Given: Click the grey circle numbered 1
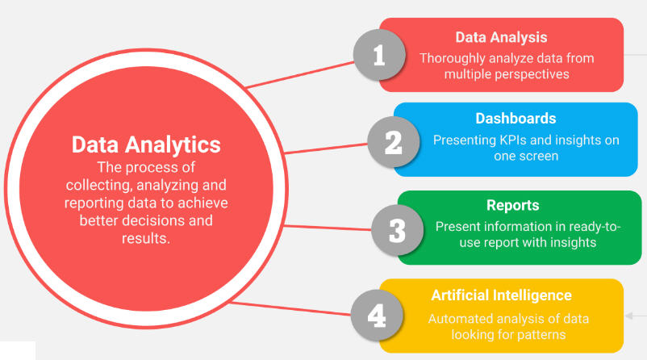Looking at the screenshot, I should (379, 56).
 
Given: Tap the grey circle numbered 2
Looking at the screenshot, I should (393, 142).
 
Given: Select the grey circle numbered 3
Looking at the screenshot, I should (397, 229).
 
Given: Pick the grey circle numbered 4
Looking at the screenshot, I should (377, 315).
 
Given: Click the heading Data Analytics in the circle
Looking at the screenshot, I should (146, 144).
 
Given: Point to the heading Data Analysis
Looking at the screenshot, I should (501, 37).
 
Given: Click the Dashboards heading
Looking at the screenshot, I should (516, 119).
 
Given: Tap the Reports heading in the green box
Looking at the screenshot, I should (512, 205).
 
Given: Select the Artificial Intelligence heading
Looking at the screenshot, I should (501, 295).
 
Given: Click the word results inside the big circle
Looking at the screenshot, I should (146, 238).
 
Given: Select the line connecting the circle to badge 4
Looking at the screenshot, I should (290, 308).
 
